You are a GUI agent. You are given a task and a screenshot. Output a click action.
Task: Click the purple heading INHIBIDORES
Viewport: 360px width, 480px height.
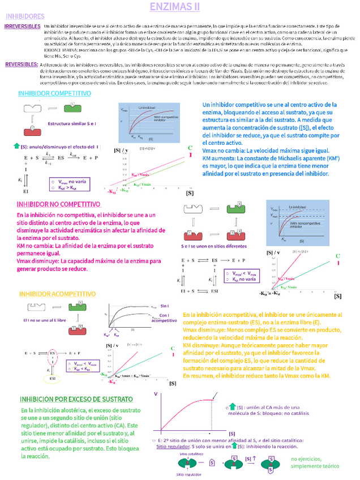pyautogui.click(x=24, y=17)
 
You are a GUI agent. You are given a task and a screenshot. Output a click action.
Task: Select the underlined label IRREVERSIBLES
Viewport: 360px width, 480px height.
pyautogui.click(x=22, y=27)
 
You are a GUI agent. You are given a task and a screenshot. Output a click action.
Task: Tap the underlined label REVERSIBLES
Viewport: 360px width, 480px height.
pyautogui.click(x=22, y=65)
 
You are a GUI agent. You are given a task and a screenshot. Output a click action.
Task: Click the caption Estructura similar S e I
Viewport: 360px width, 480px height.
pyautogui.click(x=72, y=123)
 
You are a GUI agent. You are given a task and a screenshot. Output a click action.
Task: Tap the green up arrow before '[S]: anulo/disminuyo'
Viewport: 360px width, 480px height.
pyautogui.click(x=16, y=146)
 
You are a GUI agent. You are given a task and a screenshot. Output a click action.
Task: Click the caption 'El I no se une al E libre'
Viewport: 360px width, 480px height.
pyautogui.click(x=46, y=320)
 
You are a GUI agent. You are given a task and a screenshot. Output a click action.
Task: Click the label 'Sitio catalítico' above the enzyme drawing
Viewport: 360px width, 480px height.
pyautogui.click(x=191, y=454)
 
